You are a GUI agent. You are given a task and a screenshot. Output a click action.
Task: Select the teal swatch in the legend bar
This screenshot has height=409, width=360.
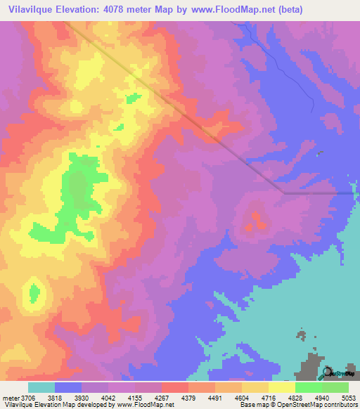(41, 387)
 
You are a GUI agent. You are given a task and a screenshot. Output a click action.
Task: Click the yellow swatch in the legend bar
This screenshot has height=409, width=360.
(281, 387)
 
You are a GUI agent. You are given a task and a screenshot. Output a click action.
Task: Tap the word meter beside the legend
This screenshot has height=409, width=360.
(10, 397)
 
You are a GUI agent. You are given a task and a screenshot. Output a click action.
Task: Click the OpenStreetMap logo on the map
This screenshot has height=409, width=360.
(335, 373)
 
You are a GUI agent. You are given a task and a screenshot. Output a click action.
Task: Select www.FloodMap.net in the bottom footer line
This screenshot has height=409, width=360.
(147, 405)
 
